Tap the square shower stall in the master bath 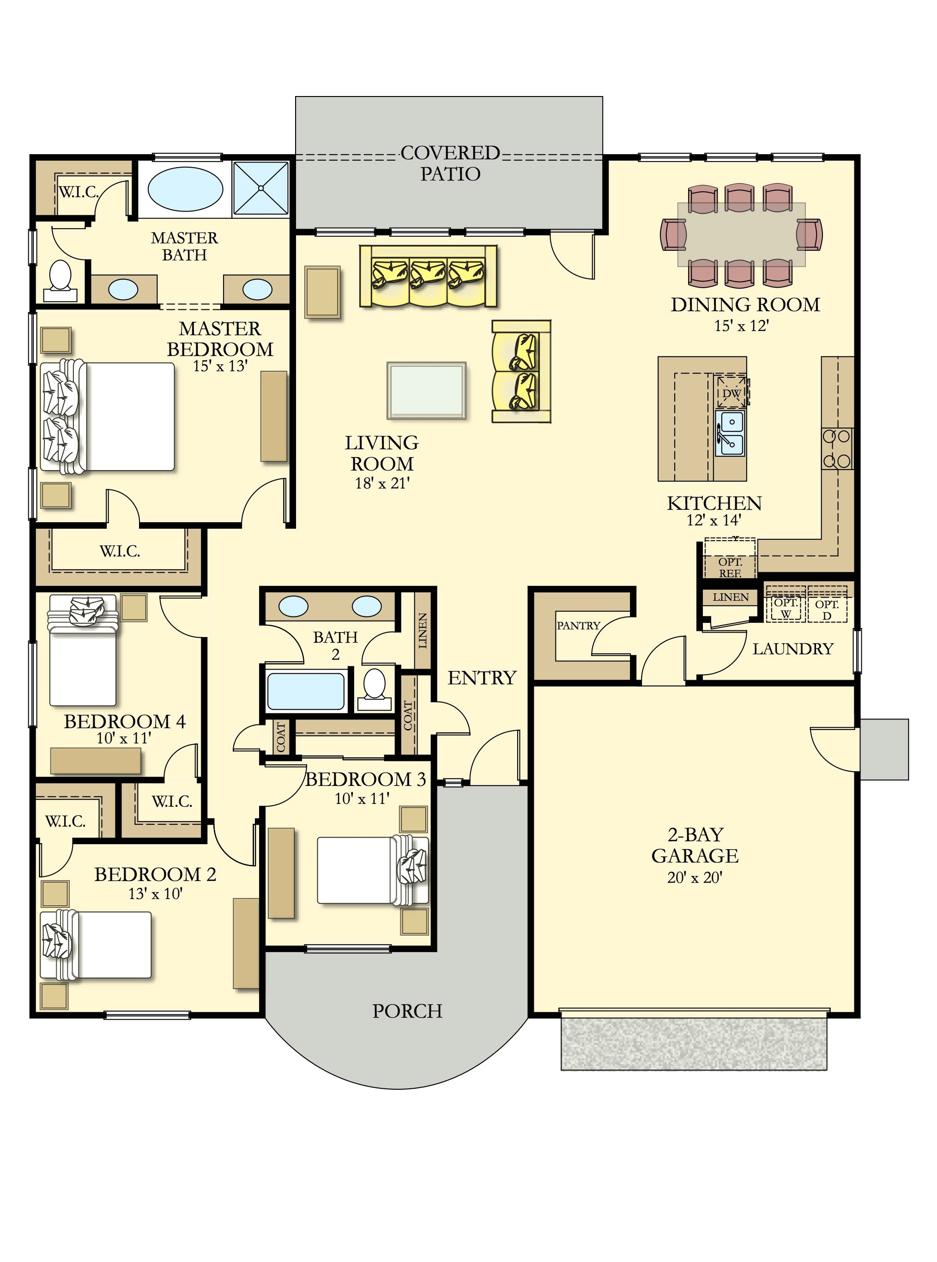coord(261,188)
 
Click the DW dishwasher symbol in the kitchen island coord(731,392)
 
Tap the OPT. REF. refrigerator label coord(730,567)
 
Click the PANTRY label coord(578,625)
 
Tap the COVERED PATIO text coord(450,163)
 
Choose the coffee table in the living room coord(427,390)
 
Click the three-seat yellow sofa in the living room coord(428,276)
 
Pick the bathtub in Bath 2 coord(306,690)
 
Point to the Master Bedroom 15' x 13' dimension coord(220,366)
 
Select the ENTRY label coord(482,677)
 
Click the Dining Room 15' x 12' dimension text coord(741,326)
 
